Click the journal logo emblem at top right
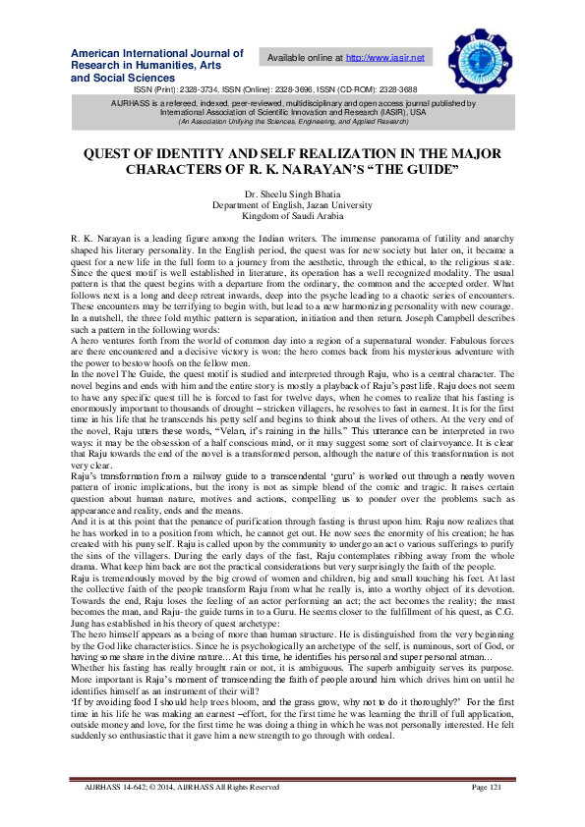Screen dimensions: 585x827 [x=475, y=55]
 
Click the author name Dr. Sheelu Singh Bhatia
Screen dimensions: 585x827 [x=292, y=195]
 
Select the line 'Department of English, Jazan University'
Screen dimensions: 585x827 [x=292, y=205]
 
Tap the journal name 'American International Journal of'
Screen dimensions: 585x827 [x=157, y=53]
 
